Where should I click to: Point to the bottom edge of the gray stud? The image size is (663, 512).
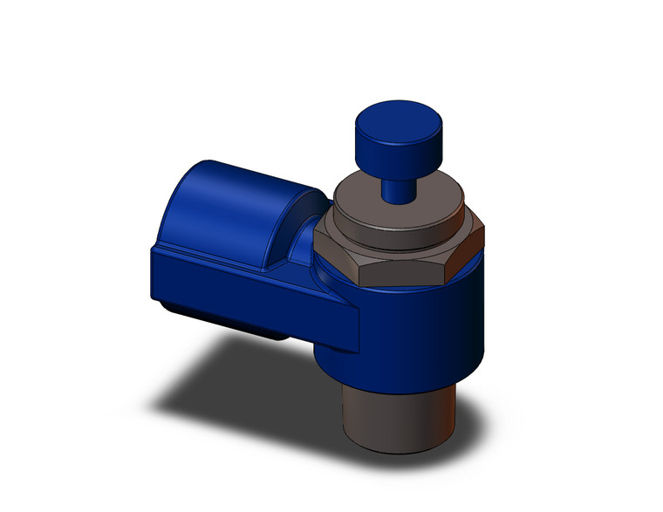pos(397,449)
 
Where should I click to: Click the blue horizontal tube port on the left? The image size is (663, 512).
pos(236,209)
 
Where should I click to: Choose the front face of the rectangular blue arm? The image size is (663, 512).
pos(253,292)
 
